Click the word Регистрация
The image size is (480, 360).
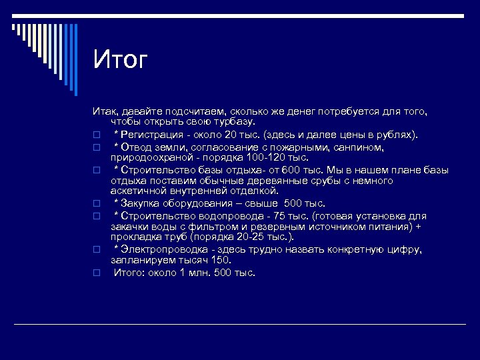(x=153, y=135)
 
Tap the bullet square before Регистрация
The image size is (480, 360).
(x=96, y=135)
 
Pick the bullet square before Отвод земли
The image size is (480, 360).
(x=96, y=147)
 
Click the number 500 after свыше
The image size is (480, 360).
(x=295, y=203)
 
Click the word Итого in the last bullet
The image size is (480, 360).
(x=129, y=272)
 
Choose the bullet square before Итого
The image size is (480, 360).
(x=96, y=273)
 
